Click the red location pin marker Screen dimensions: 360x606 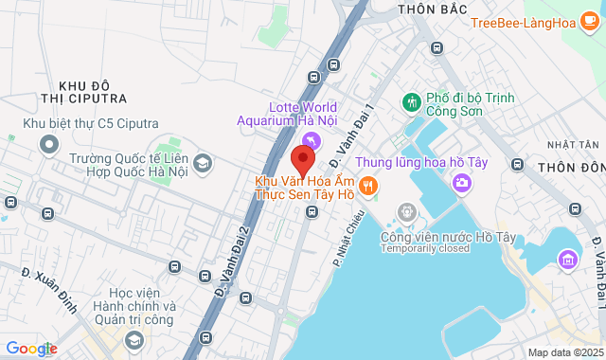[303, 159]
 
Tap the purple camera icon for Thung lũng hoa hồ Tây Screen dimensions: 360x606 [461, 182]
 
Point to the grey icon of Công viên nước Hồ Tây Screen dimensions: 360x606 [407, 212]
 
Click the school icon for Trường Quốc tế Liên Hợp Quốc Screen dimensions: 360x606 [202, 165]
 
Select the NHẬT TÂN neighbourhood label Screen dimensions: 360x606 [573, 144]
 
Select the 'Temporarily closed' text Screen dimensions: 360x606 [425, 249]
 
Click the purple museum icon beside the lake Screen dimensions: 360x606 [568, 258]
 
